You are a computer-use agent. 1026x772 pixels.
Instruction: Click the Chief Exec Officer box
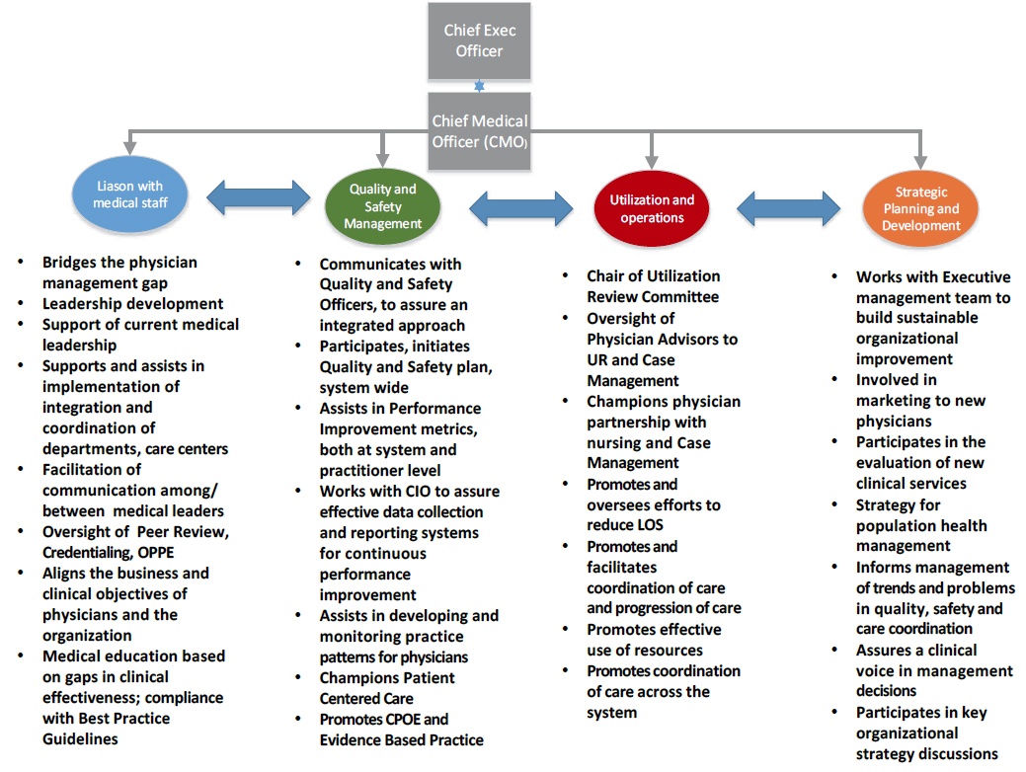coord(479,40)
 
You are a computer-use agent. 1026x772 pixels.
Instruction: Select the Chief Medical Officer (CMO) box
coord(479,130)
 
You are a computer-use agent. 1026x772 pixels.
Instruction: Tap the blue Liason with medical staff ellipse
coord(129,193)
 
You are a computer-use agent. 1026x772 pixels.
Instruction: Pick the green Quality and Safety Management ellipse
coord(383,205)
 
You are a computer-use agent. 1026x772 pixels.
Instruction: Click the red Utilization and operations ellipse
coord(652,208)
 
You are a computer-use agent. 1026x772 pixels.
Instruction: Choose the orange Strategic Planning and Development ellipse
coord(920,208)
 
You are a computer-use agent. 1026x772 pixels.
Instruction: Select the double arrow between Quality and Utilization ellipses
coord(520,207)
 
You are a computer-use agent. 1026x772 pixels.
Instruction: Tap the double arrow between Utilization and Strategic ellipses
coord(788,207)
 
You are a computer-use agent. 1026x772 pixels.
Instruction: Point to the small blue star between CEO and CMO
coord(479,86)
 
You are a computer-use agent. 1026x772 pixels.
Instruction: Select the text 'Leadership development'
coord(132,304)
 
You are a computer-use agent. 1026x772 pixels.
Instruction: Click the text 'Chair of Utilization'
coord(653,276)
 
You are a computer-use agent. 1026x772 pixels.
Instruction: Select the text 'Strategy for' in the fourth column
coord(898,504)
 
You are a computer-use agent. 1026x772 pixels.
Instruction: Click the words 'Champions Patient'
coord(387,677)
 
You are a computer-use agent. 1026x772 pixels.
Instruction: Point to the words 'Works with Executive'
coord(933,276)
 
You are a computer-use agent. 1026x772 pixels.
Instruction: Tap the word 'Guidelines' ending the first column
coord(80,738)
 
